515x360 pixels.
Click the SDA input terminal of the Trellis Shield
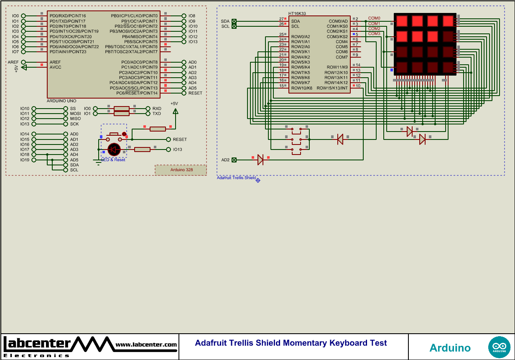click(x=234, y=21)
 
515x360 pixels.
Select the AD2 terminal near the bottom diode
click(x=234, y=160)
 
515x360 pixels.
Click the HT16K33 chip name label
click(x=297, y=13)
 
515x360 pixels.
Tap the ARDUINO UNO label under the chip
click(x=62, y=101)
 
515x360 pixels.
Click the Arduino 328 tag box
click(x=181, y=170)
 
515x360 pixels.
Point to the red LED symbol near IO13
click(x=114, y=149)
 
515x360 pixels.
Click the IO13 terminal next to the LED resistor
click(x=169, y=150)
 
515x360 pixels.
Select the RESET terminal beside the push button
click(x=169, y=139)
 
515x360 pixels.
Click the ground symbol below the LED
click(x=98, y=162)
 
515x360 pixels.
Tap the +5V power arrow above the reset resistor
click(x=175, y=111)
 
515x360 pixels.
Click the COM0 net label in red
click(x=374, y=18)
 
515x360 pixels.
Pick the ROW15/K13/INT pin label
click(x=332, y=88)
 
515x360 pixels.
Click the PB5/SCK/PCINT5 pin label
click(x=140, y=42)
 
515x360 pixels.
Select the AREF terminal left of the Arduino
click(x=23, y=62)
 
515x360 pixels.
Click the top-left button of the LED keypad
click(x=402, y=20)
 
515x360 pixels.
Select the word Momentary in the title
click(x=305, y=343)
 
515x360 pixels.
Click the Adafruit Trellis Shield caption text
click(x=236, y=178)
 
